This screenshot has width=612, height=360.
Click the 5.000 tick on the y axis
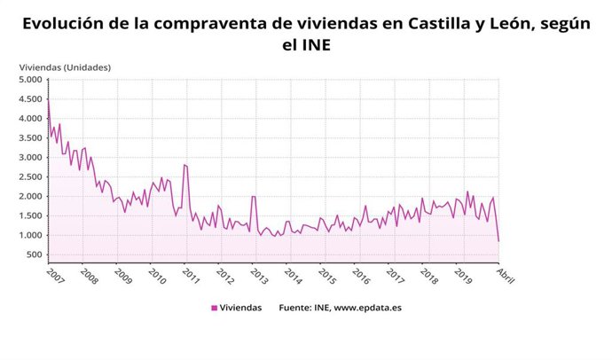click(x=30, y=80)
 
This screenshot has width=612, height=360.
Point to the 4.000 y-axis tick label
click(x=30, y=119)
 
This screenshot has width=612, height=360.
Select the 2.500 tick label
click(x=30, y=177)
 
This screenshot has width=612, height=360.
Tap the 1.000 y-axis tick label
click(x=30, y=236)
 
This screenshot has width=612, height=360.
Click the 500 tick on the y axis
click(x=34, y=255)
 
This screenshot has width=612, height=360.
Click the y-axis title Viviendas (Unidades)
click(x=65, y=67)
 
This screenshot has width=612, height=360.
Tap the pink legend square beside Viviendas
click(x=214, y=309)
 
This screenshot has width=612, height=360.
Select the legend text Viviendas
click(x=241, y=309)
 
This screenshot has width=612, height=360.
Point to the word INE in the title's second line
click(x=317, y=44)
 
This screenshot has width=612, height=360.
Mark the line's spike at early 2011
click(x=184, y=164)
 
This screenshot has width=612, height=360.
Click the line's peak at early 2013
click(x=254, y=197)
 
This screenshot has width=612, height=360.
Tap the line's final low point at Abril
click(x=498, y=241)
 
